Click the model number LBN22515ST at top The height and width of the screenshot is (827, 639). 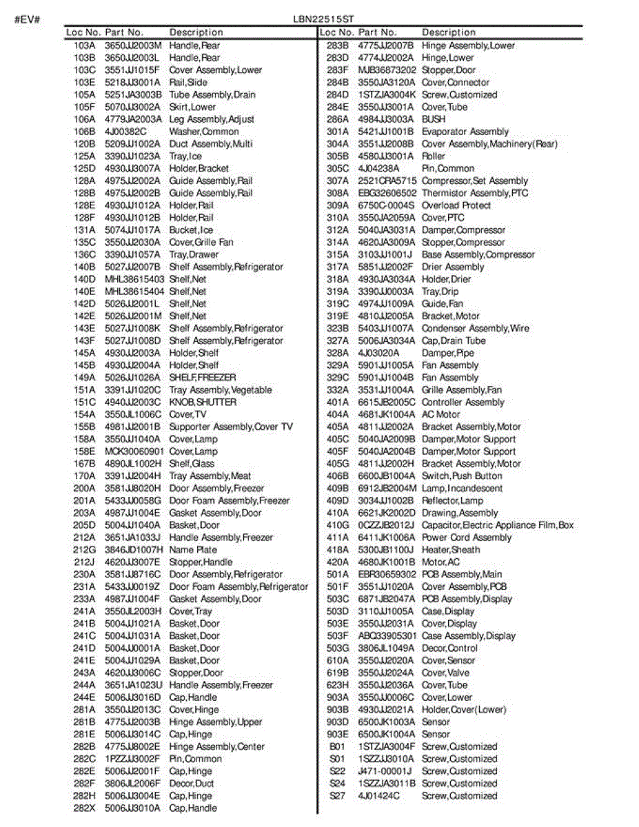333,19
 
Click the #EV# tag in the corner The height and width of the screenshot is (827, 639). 28,19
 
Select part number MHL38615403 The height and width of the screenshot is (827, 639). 134,279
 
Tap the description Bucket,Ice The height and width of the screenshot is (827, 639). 191,230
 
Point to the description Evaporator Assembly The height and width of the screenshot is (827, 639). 465,132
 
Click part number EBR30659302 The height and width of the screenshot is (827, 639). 387,575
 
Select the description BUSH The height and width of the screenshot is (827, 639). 434,119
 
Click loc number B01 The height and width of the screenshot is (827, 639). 337,747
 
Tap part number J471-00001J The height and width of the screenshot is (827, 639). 385,771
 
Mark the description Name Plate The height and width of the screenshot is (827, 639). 193,550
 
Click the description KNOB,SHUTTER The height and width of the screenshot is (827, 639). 203,402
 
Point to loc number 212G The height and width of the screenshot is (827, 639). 84,550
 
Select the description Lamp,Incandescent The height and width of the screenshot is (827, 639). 462,489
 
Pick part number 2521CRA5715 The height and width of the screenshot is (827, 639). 387,181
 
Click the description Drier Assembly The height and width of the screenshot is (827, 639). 453,267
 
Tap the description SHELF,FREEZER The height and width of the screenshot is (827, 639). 202,378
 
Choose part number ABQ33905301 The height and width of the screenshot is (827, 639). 387,636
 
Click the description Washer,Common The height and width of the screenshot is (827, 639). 204,132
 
